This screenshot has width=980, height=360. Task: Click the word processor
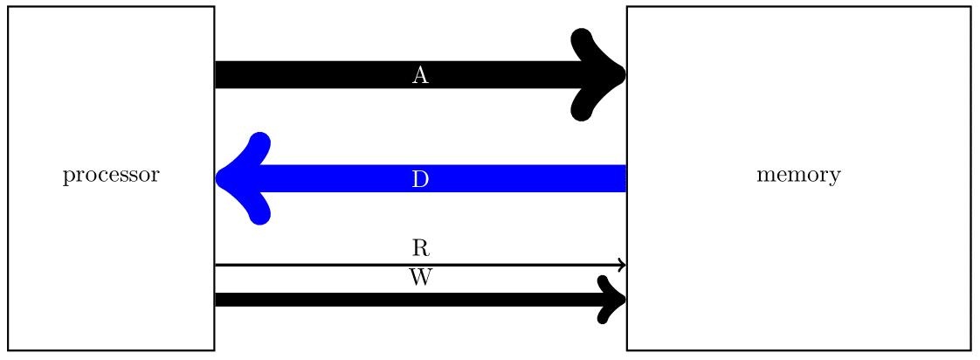tap(111, 177)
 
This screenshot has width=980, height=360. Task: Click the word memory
tap(798, 176)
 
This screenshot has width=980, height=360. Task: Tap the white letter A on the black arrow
tap(420, 76)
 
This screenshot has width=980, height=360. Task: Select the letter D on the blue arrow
tap(420, 179)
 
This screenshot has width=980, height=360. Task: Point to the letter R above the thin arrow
tap(420, 248)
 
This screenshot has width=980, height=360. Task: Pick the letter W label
tap(420, 279)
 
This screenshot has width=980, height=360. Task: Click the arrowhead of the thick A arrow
tap(603, 74)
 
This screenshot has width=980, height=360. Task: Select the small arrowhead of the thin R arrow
tap(622, 265)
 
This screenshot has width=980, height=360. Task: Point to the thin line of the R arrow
tap(349, 265)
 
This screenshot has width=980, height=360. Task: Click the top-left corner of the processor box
tap(9, 7)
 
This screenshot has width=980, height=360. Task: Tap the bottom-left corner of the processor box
tap(9, 350)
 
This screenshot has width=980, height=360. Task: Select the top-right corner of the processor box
tap(214, 7)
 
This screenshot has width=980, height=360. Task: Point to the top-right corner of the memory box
tap(970, 7)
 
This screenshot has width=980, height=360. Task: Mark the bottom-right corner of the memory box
tap(970, 350)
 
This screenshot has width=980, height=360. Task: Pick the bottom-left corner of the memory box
tap(627, 350)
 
